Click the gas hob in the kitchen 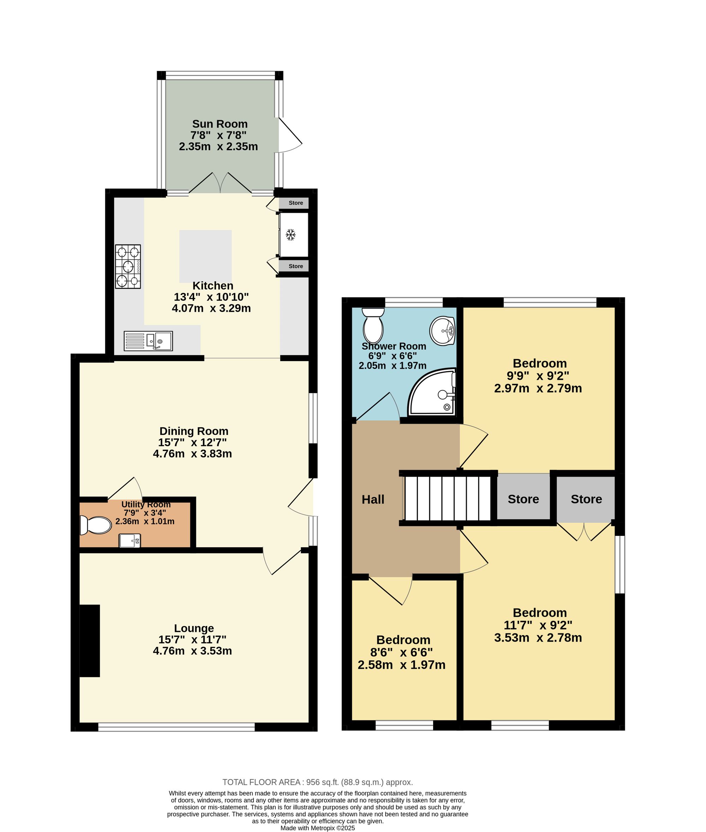coord(128,266)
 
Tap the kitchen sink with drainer coord(148,341)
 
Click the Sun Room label coord(220,124)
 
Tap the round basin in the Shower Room coord(443,331)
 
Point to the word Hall coord(373,499)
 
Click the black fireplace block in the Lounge coord(90,641)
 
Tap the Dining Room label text coord(194,431)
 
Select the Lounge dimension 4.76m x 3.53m coord(192,650)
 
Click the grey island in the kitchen coord(205,256)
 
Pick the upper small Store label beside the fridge coord(296,203)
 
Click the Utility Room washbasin coord(130,541)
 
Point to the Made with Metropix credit coord(317,828)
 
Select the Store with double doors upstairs coord(586,499)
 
